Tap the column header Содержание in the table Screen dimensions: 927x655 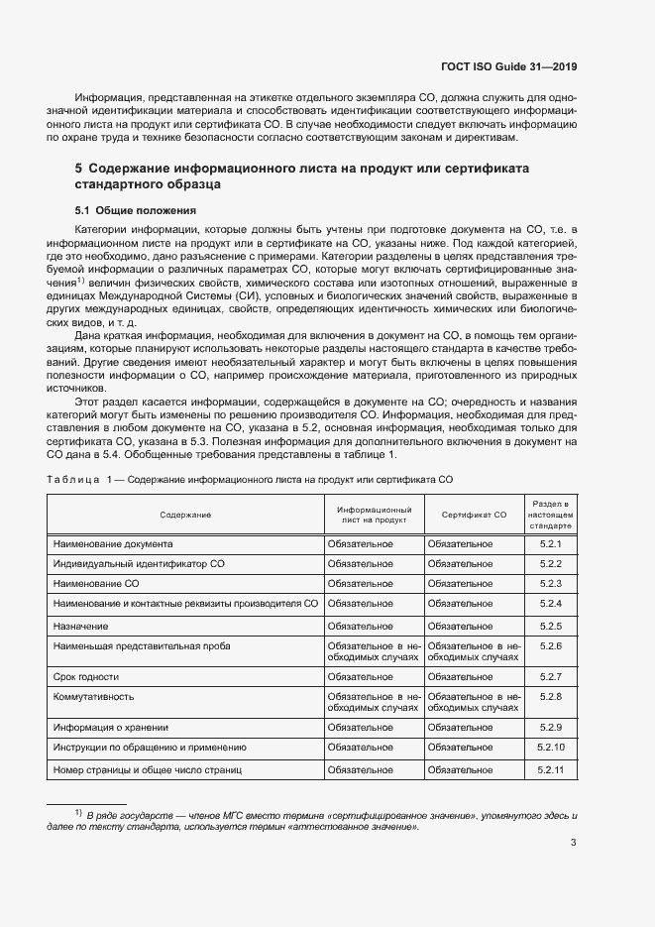tap(186, 515)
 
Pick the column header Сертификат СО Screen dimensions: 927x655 tap(474, 515)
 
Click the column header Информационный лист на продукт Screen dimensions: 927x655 tap(375, 515)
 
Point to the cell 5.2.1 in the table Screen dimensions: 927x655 tap(551, 544)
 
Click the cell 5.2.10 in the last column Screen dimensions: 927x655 tap(551, 747)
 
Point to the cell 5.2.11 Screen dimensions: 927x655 tap(551, 769)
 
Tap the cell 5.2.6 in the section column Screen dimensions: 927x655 tap(551, 645)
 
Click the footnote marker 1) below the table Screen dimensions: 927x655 tap(77, 813)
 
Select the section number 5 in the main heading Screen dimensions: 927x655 tap(78, 169)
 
